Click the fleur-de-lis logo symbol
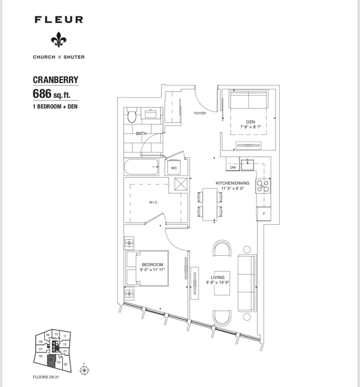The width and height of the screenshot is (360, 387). (58, 41)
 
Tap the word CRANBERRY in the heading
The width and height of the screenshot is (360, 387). (55, 80)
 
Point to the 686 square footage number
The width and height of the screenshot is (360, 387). (42, 94)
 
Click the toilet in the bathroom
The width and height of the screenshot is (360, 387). (132, 115)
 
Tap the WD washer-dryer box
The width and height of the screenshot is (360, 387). (174, 168)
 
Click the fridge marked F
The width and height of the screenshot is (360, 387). (264, 214)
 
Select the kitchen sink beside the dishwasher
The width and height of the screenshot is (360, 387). (247, 164)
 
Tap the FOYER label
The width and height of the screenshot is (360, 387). (200, 113)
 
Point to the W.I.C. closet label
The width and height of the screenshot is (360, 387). (153, 203)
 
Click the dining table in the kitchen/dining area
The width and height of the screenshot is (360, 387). (210, 204)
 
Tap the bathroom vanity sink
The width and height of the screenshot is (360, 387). (152, 113)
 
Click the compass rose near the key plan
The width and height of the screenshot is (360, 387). (84, 370)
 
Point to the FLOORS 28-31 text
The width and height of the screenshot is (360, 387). (46, 377)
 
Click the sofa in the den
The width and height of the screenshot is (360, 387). (249, 99)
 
